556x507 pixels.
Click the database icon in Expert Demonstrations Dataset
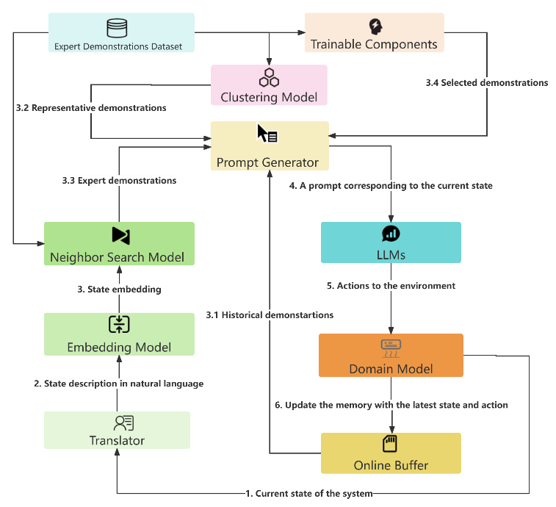117,28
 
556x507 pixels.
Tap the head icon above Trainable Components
375,27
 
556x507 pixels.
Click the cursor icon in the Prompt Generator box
266,134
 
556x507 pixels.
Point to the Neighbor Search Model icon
120,235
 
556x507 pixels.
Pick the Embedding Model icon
118,325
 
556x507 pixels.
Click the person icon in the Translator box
123,422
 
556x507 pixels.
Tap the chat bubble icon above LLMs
390,234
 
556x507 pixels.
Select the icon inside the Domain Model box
390,346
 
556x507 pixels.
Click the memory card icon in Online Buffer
390,444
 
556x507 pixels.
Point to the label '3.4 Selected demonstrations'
487,83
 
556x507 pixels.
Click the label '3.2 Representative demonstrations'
91,107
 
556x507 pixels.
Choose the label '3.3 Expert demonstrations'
119,180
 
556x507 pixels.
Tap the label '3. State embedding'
119,290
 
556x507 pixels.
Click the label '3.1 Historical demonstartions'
270,314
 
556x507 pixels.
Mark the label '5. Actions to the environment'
391,285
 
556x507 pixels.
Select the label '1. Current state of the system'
309,493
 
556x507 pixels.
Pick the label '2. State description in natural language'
118,384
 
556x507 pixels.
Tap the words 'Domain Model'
391,368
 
